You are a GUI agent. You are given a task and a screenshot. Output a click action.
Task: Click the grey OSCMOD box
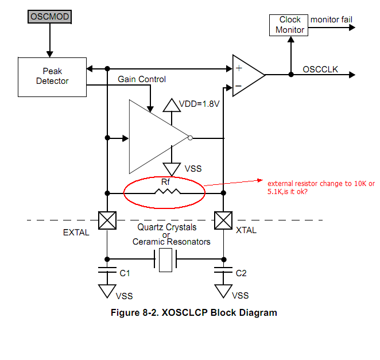pos(50,17)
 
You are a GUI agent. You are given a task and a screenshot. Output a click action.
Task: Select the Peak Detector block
pos(52,77)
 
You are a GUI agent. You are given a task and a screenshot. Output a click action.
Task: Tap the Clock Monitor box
pos(289,25)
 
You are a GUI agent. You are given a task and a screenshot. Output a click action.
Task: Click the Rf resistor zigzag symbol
pos(168,192)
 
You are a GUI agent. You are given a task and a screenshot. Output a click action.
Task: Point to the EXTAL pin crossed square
pos(107,220)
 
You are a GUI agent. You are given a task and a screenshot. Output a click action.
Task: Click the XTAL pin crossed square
pos(223,220)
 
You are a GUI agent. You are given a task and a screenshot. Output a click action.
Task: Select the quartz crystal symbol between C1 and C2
pos(165,260)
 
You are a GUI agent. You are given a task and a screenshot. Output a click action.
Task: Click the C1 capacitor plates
pos(107,270)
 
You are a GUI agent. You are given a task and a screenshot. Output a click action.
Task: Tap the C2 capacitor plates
pos(223,270)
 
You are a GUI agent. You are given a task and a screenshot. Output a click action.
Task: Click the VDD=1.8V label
pos(199,104)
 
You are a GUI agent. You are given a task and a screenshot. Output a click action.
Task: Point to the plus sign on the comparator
pos(239,68)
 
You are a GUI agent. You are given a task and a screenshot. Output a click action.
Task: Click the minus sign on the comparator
pos(238,86)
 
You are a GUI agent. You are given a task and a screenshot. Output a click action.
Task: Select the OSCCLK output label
pos(320,69)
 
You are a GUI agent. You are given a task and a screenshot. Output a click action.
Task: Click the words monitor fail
pos(331,20)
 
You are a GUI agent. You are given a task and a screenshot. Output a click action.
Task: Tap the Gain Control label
pos(142,79)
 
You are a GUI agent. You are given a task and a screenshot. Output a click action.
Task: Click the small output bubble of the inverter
pos(190,138)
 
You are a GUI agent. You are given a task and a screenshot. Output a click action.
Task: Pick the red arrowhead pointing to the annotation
pos(260,180)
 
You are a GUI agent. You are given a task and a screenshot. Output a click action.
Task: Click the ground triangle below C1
pos(107,290)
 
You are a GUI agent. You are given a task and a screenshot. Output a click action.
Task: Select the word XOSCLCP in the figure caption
pos(185,312)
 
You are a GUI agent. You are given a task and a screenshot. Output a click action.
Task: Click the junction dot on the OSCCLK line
pos(291,75)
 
